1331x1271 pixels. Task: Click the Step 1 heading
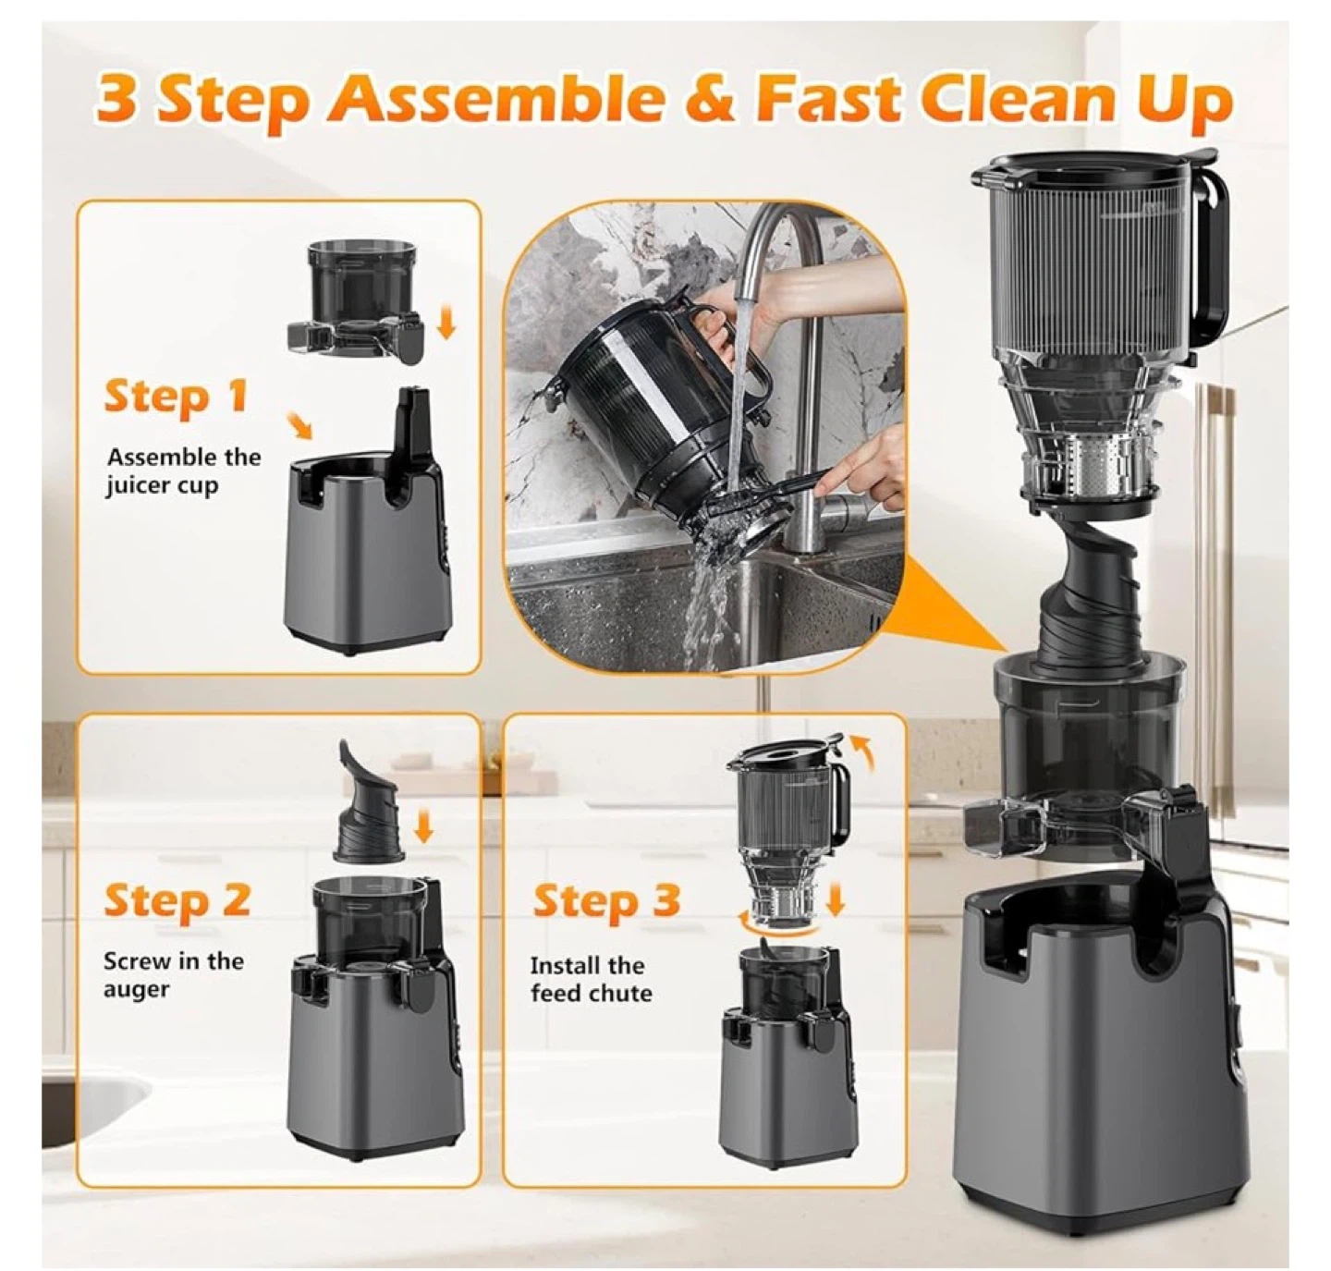[175, 397]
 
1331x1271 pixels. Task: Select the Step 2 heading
[177, 901]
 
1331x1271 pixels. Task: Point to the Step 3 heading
[606, 900]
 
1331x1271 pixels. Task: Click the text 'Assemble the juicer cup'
[183, 471]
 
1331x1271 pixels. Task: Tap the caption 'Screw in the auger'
[173, 974]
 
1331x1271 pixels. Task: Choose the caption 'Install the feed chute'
[591, 979]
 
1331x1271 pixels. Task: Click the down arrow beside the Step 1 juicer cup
[446, 323]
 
